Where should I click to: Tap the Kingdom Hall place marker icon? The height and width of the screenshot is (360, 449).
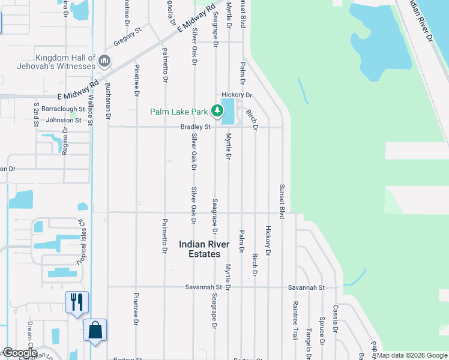(104, 61)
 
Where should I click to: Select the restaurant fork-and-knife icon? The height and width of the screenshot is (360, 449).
(77, 301)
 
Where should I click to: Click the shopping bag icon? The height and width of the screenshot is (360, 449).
(95, 329)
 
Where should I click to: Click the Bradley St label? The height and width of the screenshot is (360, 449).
(196, 127)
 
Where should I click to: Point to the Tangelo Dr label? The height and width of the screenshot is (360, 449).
(309, 333)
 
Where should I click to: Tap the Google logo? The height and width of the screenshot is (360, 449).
(19, 353)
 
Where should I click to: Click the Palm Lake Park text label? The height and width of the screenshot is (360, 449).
(178, 111)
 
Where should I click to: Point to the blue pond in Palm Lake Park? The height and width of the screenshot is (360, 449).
(228, 112)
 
